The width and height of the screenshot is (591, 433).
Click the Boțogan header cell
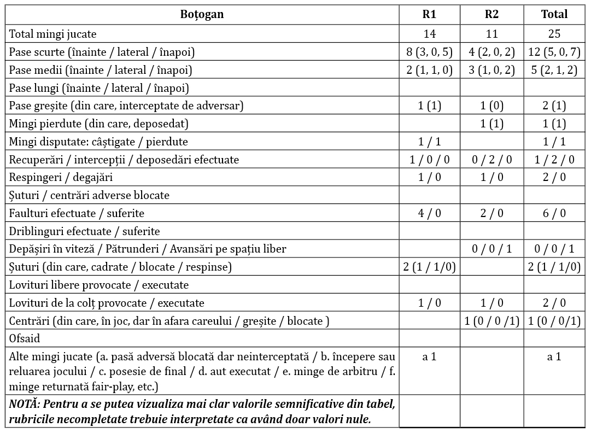click(x=202, y=15)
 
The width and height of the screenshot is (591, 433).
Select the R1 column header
click(x=429, y=15)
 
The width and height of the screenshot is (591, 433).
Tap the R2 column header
click(x=491, y=15)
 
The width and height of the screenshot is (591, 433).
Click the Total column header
click(x=554, y=15)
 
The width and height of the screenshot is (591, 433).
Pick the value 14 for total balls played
click(x=429, y=34)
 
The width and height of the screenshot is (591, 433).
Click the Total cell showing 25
click(x=554, y=34)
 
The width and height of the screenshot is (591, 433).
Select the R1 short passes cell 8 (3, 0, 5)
click(x=429, y=52)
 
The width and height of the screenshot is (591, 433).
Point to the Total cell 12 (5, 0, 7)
click(x=554, y=52)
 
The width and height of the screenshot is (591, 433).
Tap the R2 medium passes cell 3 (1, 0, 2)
click(x=491, y=70)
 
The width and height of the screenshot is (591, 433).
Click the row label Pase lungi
click(x=99, y=88)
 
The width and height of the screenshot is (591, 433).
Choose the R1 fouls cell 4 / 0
click(x=429, y=213)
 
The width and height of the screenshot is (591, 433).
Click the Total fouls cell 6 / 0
click(x=554, y=213)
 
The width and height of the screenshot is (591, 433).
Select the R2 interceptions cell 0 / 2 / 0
click(x=491, y=160)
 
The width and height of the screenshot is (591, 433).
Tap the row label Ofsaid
click(x=25, y=339)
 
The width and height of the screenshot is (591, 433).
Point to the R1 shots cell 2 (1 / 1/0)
click(x=429, y=267)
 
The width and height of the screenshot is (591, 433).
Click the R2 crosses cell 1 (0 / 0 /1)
click(x=491, y=321)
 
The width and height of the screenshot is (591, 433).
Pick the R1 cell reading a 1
click(x=429, y=357)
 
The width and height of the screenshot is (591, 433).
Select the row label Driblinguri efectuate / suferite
click(x=85, y=231)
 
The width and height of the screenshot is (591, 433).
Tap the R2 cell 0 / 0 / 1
click(x=491, y=249)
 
